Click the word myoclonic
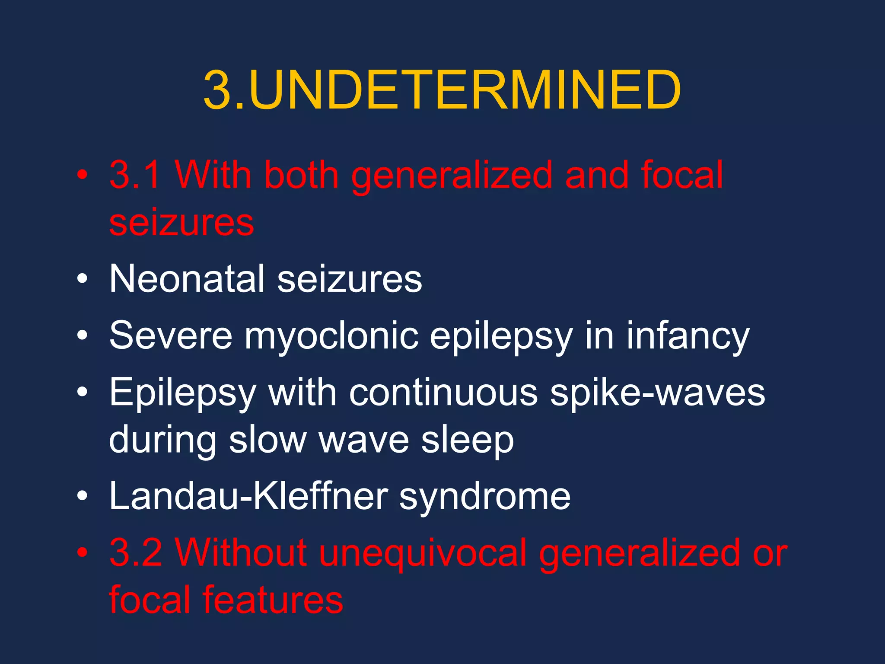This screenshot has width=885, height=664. click(x=331, y=336)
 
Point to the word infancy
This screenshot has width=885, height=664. click(x=688, y=336)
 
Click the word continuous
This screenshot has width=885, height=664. click(x=443, y=393)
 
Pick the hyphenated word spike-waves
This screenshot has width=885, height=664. click(x=657, y=393)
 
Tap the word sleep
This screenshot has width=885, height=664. click(x=468, y=441)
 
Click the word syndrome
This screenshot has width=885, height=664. click(x=484, y=497)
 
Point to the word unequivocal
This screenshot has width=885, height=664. click(x=423, y=553)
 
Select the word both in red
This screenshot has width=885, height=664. click(x=301, y=175)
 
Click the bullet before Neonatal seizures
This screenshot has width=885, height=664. click(x=82, y=279)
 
